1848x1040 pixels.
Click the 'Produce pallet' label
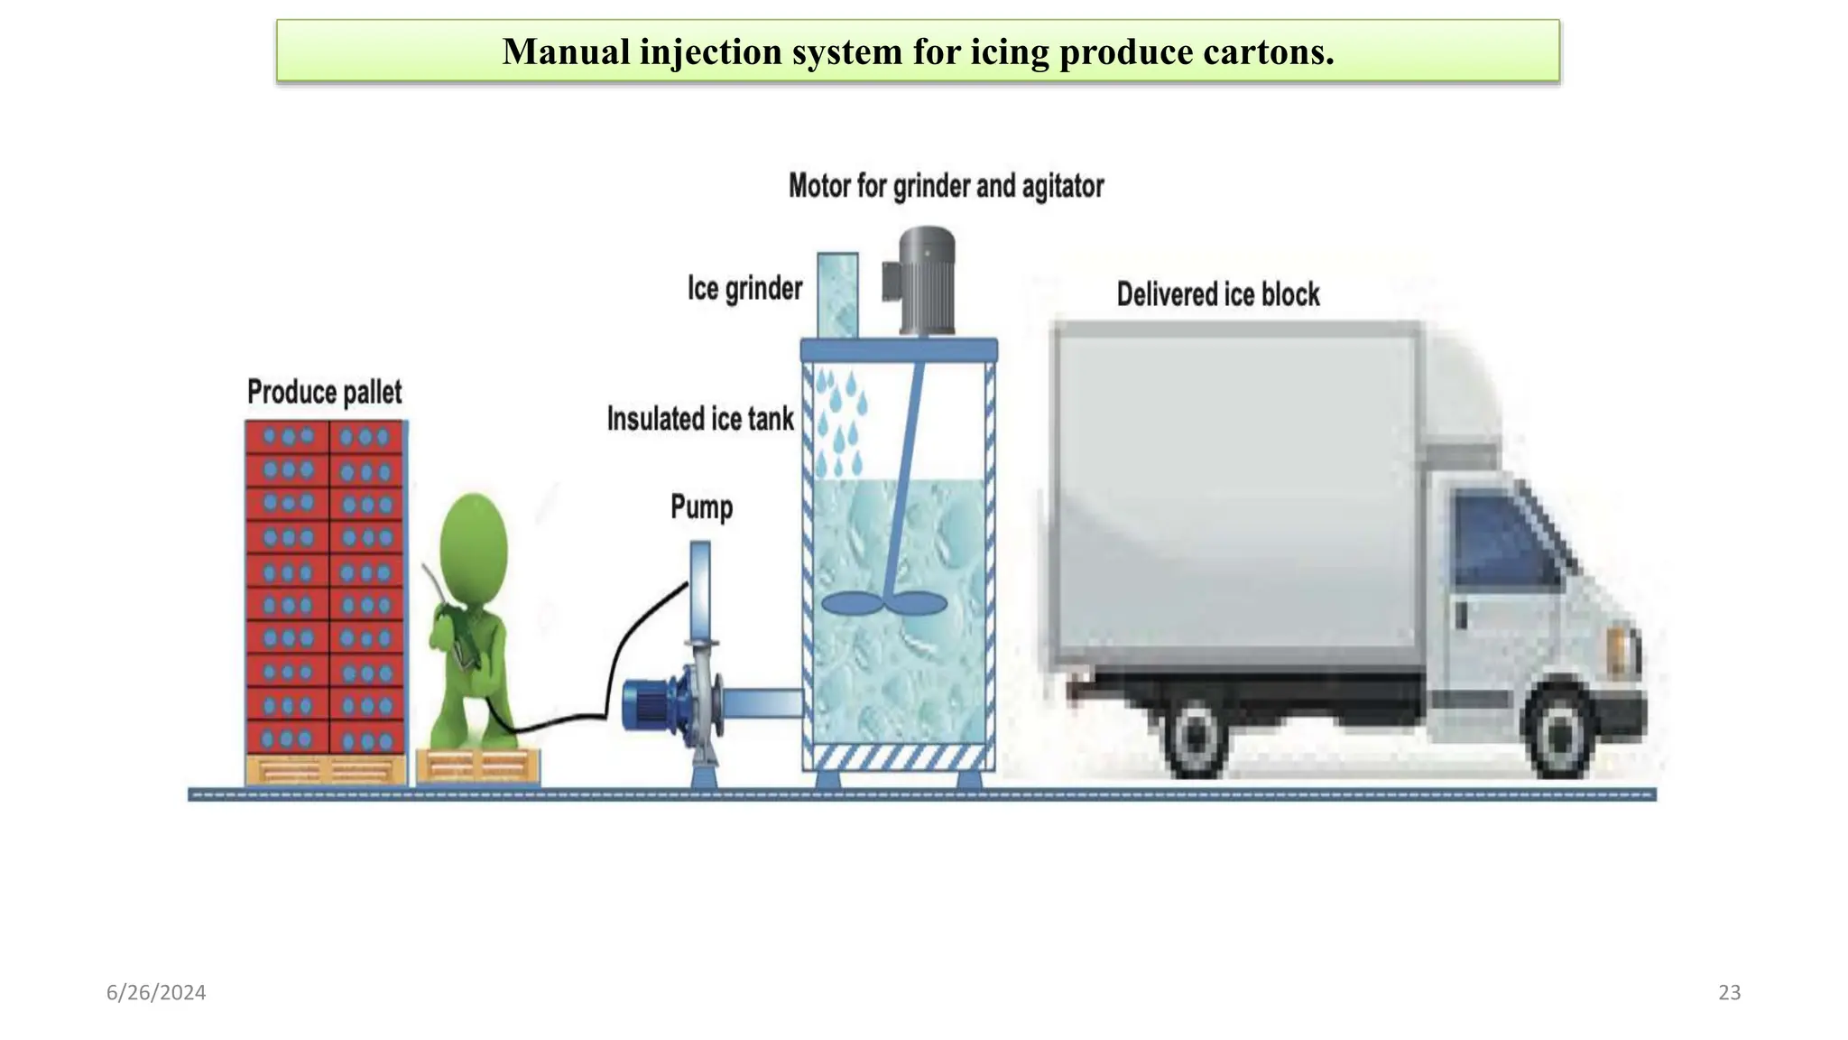[x=325, y=393]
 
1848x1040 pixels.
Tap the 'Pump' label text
[x=701, y=507]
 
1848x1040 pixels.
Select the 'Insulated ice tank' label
[x=700, y=419]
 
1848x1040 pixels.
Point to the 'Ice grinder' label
[x=744, y=289]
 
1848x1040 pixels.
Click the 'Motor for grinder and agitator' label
[x=946, y=187]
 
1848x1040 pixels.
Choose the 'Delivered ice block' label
[x=1218, y=294]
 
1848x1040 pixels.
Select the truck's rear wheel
[x=1194, y=736]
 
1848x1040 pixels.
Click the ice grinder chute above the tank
[x=837, y=294]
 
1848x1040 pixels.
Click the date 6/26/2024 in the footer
[x=156, y=993]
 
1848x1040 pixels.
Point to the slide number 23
[x=1729, y=993]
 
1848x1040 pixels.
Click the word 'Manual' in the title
[x=566, y=52]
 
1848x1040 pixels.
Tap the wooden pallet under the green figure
[x=477, y=766]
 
